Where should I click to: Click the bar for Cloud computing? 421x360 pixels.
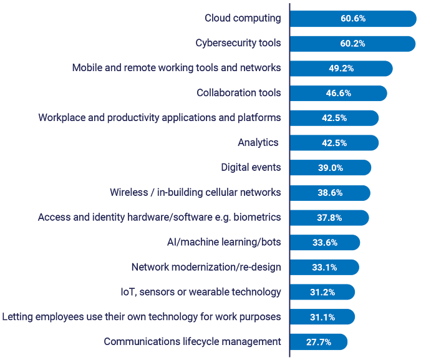(x=352, y=19)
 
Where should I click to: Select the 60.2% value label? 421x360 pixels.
(x=352, y=44)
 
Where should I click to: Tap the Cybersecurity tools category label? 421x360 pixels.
(x=237, y=44)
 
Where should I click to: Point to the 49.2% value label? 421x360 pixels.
(x=341, y=69)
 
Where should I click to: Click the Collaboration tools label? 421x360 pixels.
(x=238, y=93)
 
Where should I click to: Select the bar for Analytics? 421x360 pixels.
(x=334, y=143)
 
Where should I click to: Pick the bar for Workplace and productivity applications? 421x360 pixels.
(x=334, y=118)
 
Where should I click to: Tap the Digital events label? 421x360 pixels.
(x=251, y=167)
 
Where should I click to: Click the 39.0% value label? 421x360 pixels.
(x=331, y=168)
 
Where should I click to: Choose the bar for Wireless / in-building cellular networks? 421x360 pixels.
(x=330, y=193)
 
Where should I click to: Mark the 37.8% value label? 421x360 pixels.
(x=329, y=218)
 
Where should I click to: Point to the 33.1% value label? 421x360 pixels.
(x=324, y=268)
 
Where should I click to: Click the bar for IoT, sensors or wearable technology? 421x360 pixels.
(x=322, y=292)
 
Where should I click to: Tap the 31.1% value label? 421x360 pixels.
(x=322, y=318)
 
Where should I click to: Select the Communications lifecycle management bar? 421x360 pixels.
(x=318, y=342)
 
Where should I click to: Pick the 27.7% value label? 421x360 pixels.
(x=318, y=342)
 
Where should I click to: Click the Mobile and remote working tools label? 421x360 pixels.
(x=177, y=68)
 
